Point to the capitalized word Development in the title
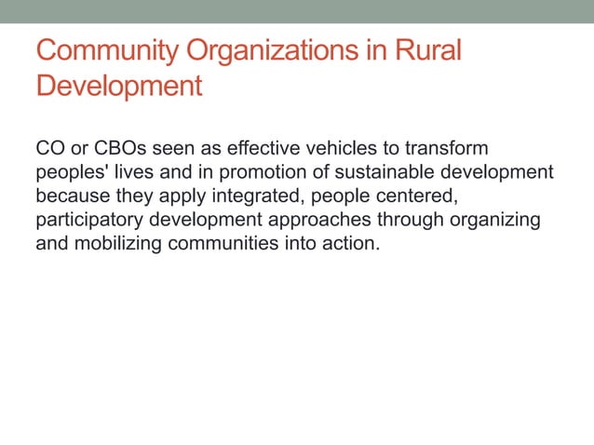click(119, 87)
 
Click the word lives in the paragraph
click(131, 173)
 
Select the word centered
click(420, 197)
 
